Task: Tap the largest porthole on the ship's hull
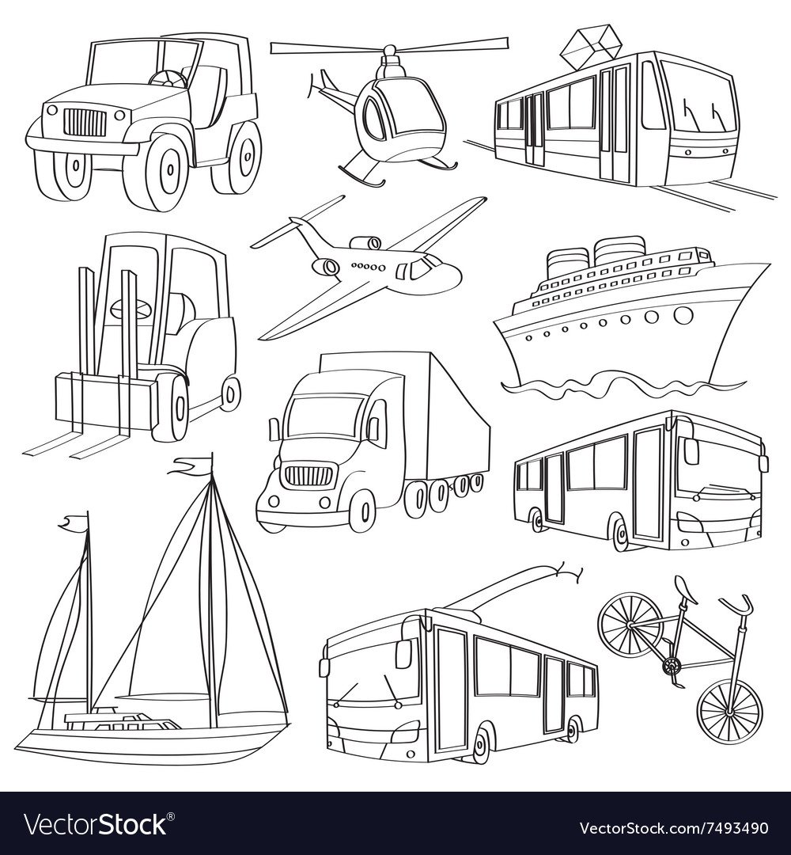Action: (682, 314)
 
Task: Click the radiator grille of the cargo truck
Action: (308, 474)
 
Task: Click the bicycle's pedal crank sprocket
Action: (671, 666)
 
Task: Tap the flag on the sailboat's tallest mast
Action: (191, 465)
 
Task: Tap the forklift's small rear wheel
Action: (231, 392)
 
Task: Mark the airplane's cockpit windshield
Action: (425, 267)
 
